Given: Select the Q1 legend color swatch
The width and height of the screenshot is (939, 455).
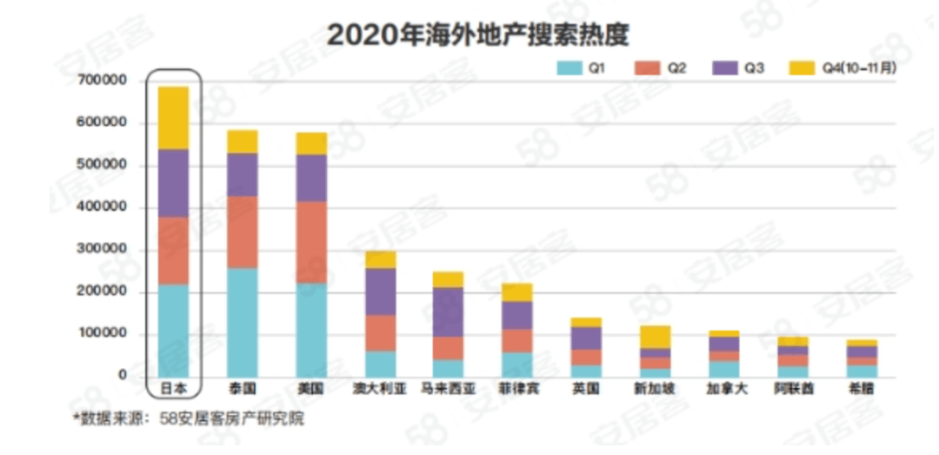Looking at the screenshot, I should click(570, 67).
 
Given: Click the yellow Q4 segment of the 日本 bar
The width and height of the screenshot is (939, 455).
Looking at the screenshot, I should click(174, 117).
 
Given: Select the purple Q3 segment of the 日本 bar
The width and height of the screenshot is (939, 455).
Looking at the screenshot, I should click(174, 183).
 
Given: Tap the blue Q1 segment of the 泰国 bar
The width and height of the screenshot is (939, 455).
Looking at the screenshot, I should click(243, 322).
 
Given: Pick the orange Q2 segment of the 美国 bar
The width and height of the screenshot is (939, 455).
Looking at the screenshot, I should click(311, 242).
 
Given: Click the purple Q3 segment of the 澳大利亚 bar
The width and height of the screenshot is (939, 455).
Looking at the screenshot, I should click(380, 291).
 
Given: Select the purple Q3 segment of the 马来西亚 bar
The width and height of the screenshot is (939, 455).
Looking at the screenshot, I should click(449, 311).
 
